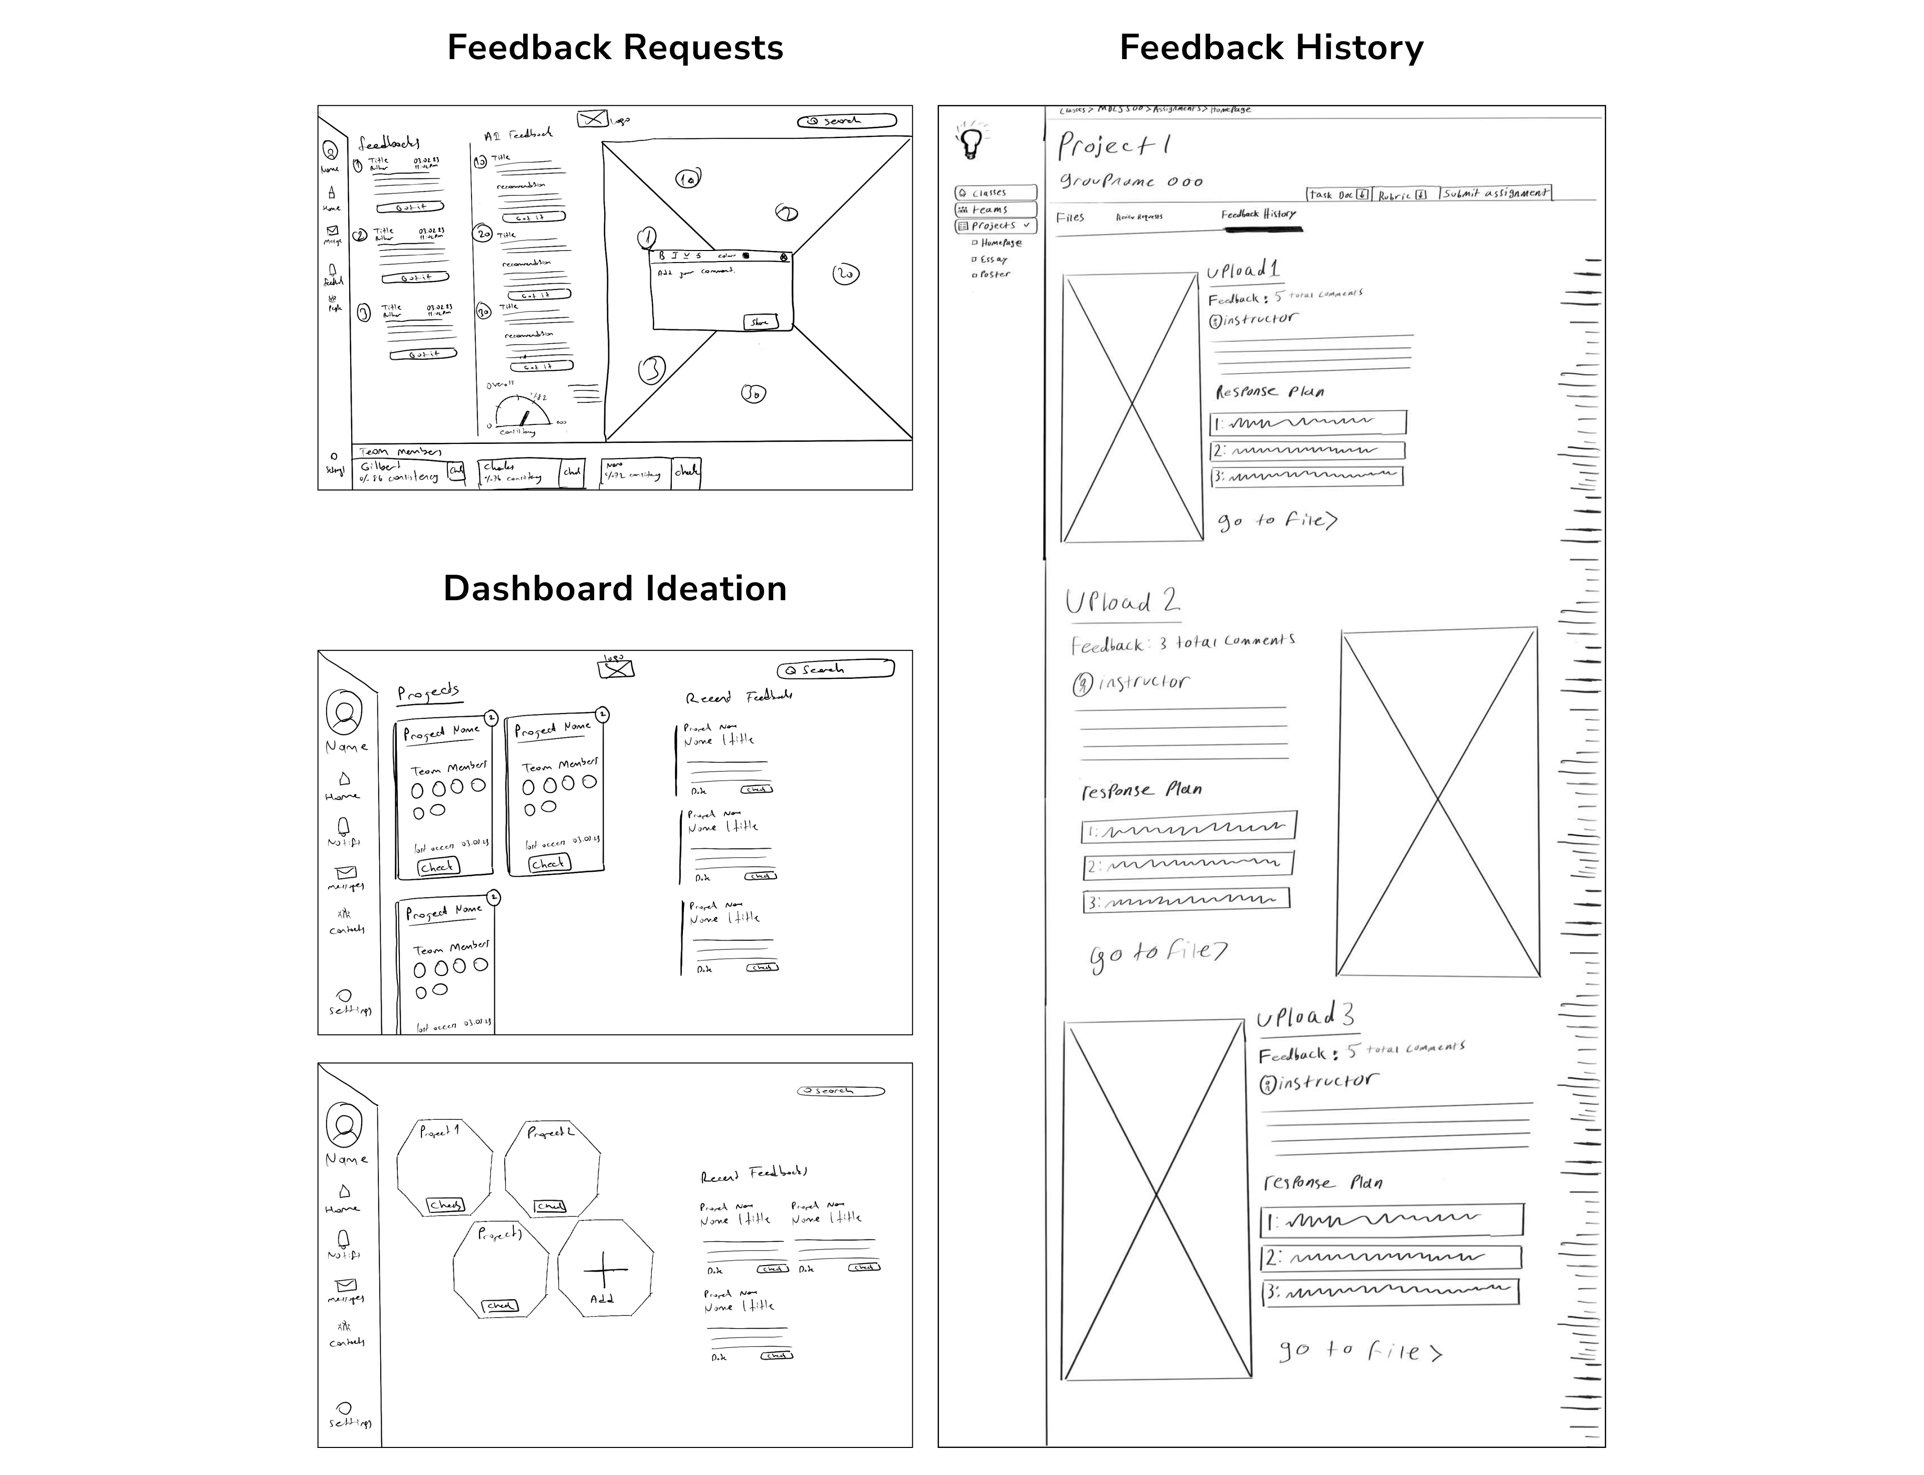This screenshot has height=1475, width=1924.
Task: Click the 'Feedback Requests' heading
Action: pyautogui.click(x=615, y=48)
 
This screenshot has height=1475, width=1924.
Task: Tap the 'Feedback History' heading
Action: pyautogui.click(x=1271, y=48)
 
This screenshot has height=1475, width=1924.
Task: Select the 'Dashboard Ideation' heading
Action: pyautogui.click(x=615, y=588)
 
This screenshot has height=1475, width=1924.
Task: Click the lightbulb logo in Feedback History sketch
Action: pyautogui.click(x=971, y=141)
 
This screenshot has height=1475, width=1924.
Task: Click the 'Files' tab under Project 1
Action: pyautogui.click(x=1070, y=217)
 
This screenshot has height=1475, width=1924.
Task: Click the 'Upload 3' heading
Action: pyautogui.click(x=1305, y=1017)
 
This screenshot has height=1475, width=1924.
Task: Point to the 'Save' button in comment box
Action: pyautogui.click(x=759, y=322)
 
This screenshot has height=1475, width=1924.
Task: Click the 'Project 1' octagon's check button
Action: pyautogui.click(x=445, y=1204)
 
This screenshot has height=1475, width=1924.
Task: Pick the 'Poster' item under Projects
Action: pyautogui.click(x=994, y=275)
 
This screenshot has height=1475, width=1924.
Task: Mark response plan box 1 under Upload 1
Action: pyautogui.click(x=1308, y=422)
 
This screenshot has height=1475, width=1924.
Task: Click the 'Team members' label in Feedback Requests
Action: pyautogui.click(x=400, y=451)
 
